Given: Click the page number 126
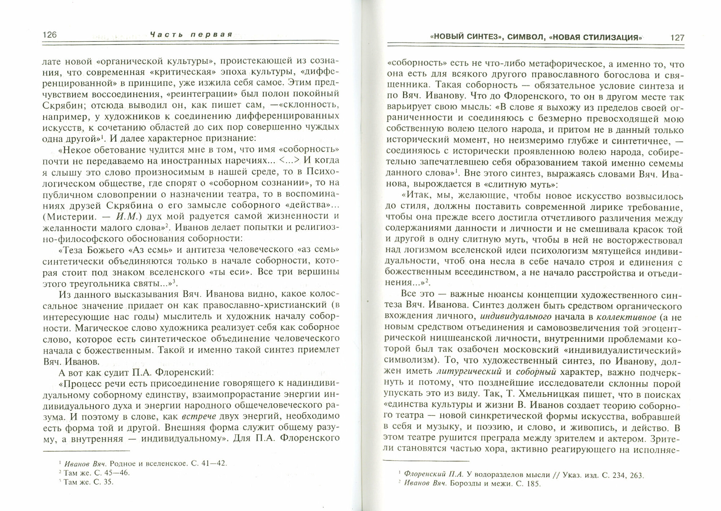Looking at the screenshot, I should pyautogui.click(x=50, y=35).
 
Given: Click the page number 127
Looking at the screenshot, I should pyautogui.click(x=677, y=37).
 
